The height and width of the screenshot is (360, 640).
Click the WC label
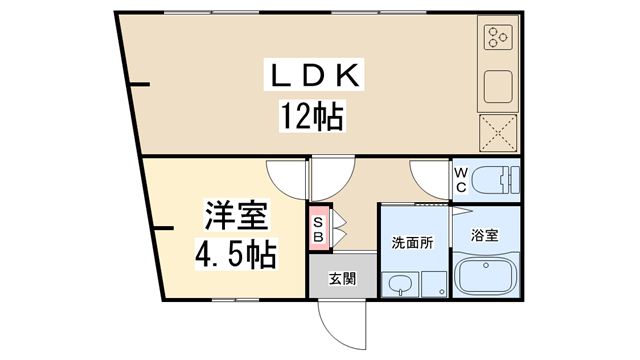pyautogui.click(x=461, y=180)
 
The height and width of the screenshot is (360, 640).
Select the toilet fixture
pyautogui.click(x=494, y=181)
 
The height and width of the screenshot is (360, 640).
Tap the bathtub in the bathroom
pyautogui.click(x=486, y=274)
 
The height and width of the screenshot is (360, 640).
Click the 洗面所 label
pyautogui.click(x=412, y=241)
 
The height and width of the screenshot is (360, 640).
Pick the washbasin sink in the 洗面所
pyautogui.click(x=399, y=285)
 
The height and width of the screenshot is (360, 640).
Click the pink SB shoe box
pyautogui.click(x=318, y=229)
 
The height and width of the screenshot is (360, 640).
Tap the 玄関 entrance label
pyautogui.click(x=337, y=277)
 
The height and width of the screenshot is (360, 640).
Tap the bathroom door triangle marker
pyautogui.click(x=457, y=213)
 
